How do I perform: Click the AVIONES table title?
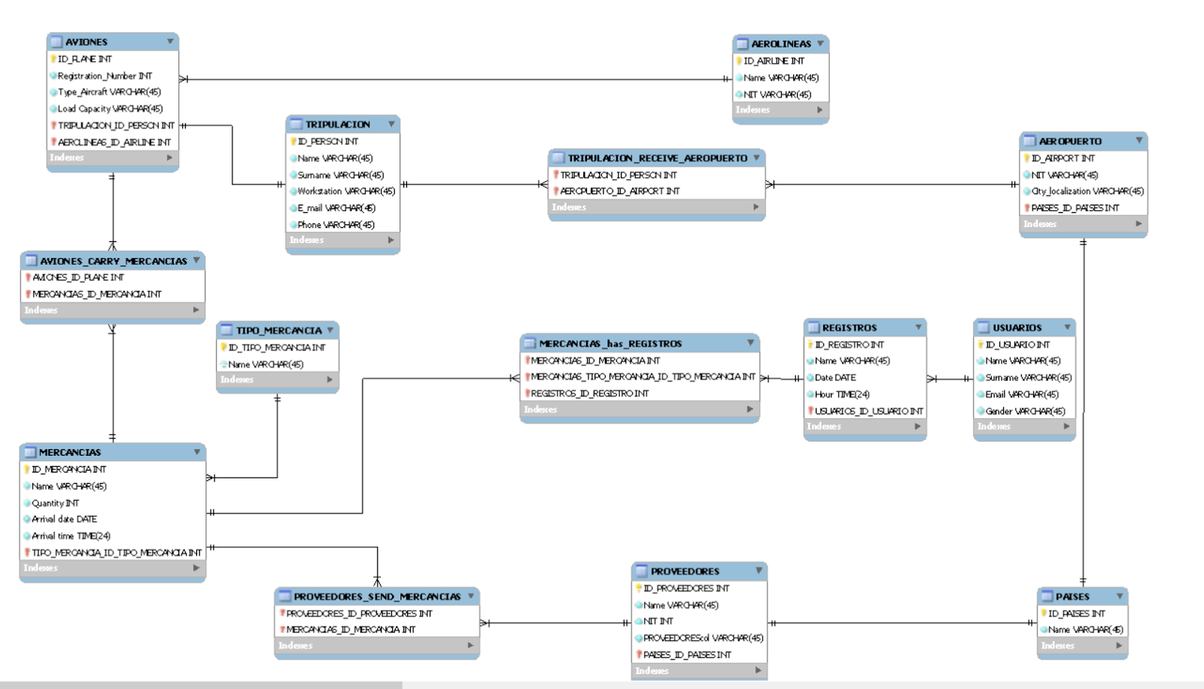87,42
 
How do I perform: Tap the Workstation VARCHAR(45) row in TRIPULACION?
345,191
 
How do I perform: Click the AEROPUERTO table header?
1070,141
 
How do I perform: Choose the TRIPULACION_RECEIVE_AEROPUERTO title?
657,158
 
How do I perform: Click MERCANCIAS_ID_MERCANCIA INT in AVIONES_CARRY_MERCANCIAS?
96,294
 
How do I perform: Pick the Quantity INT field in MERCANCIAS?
55,503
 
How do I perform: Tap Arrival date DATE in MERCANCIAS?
64,519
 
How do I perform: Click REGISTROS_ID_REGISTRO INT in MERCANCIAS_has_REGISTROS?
589,393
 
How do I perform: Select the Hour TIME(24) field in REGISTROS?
842,394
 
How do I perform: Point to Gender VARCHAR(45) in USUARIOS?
1025,411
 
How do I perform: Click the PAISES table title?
1072,596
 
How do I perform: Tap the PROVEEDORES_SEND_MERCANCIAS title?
377,596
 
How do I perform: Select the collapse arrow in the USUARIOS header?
1067,327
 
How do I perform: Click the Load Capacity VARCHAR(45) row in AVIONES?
110,108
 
